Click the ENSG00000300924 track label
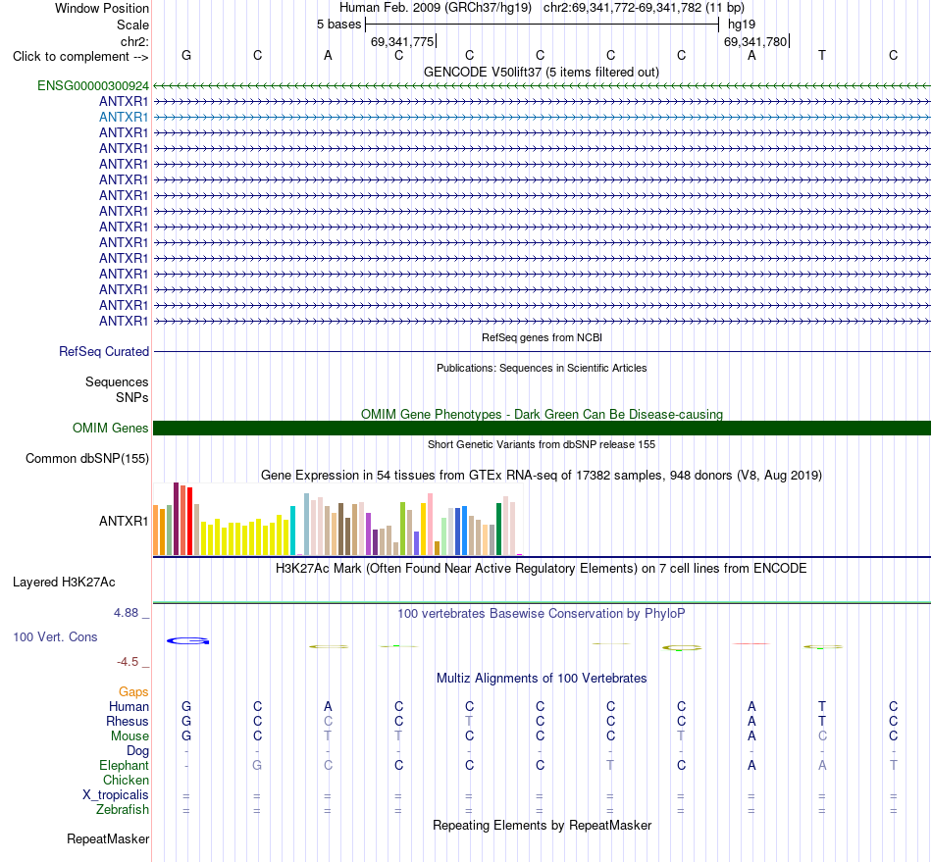[x=93, y=85]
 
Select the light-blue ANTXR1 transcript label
[x=124, y=117]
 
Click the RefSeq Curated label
[x=104, y=351]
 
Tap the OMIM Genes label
[x=111, y=428]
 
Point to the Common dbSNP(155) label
[x=87, y=459]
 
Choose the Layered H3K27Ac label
[x=64, y=583]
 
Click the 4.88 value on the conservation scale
[x=126, y=613]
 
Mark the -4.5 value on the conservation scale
[x=128, y=662]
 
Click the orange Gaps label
[x=133, y=691]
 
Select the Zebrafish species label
[x=123, y=809]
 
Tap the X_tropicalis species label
[x=116, y=795]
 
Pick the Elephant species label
[x=125, y=765]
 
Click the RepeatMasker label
[x=108, y=838]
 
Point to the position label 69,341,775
[x=402, y=41]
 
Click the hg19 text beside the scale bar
[x=742, y=25]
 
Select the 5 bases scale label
[x=338, y=25]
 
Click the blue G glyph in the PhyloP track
[x=187, y=641]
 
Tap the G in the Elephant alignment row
[x=257, y=765]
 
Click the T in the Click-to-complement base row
[x=822, y=55]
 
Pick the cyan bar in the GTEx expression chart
[x=292, y=531]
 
